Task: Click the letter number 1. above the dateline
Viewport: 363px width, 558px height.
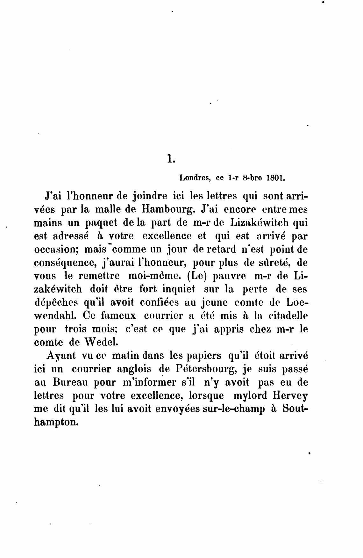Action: (x=171, y=158)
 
